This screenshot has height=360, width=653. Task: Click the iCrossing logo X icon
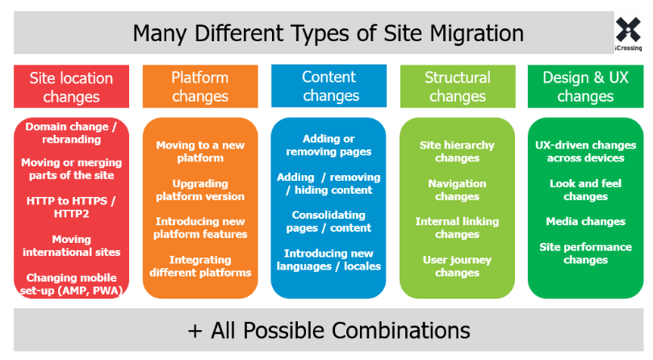coord(628,30)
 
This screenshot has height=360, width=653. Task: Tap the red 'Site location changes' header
coord(71,86)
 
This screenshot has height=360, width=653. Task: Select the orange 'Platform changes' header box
coord(200,86)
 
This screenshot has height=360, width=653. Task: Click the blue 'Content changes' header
coord(329,86)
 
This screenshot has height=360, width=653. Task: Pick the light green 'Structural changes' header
coord(458,86)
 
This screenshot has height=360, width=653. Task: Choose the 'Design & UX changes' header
coord(585,86)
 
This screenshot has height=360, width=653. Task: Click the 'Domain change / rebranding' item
coord(71,133)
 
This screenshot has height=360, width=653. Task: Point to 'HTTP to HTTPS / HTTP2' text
coord(71,207)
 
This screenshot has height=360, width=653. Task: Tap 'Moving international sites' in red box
coord(71,246)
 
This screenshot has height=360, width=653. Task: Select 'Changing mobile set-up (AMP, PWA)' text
coord(71,284)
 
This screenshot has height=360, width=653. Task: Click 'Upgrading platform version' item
coord(200,190)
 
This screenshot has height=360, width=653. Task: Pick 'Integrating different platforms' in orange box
coord(200,266)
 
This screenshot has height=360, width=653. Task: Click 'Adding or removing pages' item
coord(329,145)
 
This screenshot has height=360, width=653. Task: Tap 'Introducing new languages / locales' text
coord(329,260)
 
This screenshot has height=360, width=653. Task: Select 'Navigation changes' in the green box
coord(458,190)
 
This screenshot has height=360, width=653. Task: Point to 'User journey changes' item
coord(458,266)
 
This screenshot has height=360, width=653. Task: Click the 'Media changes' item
coord(585,221)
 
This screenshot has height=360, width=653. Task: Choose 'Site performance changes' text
coord(585,253)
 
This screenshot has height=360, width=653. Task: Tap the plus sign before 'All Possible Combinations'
coord(195,331)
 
